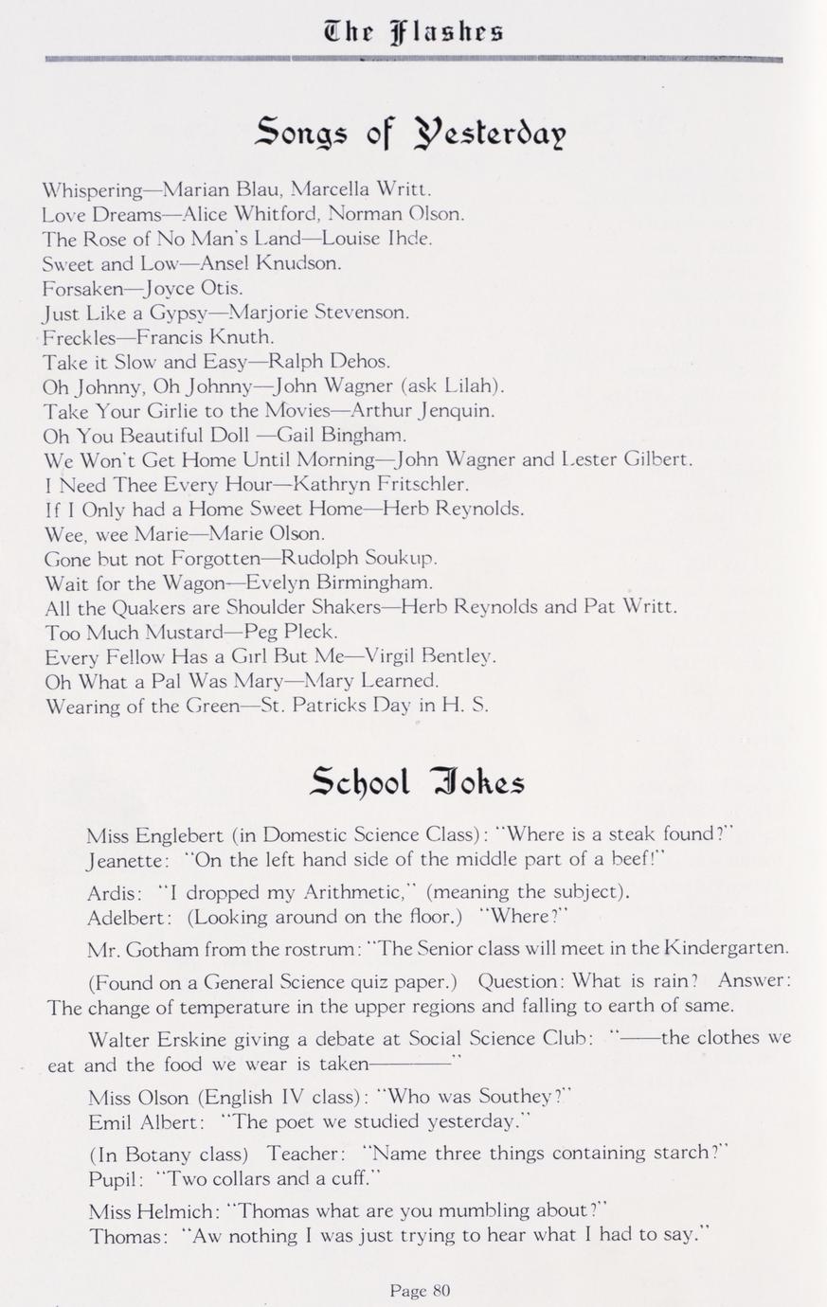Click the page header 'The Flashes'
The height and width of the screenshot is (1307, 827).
[x=413, y=31]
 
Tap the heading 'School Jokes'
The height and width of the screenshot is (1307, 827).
[x=417, y=781]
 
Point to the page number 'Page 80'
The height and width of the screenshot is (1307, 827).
[x=420, y=1289]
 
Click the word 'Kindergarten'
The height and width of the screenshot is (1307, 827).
[x=727, y=948]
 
